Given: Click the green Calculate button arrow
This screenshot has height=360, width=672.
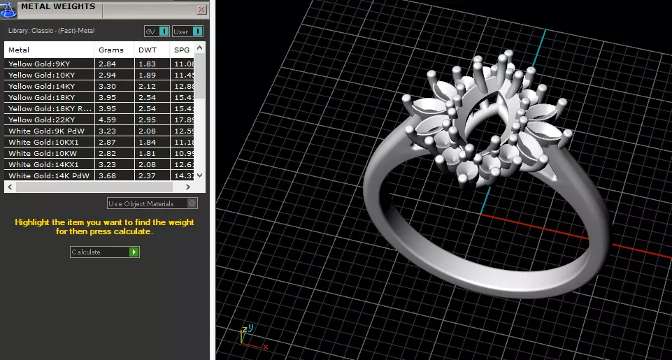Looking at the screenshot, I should (134, 252).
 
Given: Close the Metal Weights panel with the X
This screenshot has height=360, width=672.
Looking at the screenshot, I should (202, 10).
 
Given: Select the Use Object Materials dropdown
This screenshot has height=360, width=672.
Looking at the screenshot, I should (152, 203).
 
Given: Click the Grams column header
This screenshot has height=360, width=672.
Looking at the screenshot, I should (111, 50).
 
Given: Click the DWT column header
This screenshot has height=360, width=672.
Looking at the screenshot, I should (147, 50).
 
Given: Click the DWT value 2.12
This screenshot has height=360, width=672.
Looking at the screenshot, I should (147, 86).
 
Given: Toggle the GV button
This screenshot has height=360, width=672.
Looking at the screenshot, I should (157, 31).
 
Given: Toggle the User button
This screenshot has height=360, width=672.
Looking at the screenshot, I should (188, 31).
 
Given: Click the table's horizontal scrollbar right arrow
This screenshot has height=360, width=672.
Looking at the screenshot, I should (187, 187).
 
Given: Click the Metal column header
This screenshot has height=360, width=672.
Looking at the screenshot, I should (19, 50).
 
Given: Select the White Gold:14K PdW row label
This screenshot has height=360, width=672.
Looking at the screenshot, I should (42, 175).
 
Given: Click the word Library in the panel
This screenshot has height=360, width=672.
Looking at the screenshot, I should (18, 31).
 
